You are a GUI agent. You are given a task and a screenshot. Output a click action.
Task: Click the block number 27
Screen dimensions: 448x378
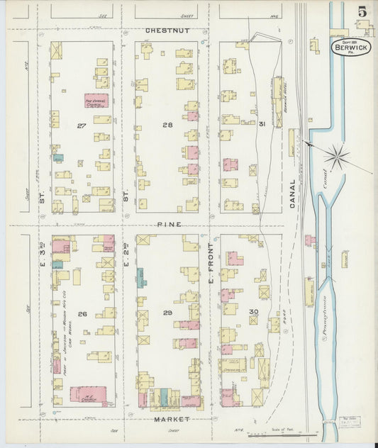click(82, 125)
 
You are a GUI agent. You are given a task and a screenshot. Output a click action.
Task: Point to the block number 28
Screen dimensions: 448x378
click(167, 125)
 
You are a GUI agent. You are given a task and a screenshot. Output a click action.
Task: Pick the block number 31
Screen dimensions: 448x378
click(242, 125)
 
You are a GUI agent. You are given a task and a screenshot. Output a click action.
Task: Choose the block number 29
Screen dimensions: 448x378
click(167, 313)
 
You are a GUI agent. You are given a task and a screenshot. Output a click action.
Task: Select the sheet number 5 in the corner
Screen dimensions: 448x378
click(362, 11)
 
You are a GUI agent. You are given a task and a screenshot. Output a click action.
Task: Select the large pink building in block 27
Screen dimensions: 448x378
click(96, 101)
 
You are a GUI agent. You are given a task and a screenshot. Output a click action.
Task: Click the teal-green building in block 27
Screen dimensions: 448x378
click(59, 158)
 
